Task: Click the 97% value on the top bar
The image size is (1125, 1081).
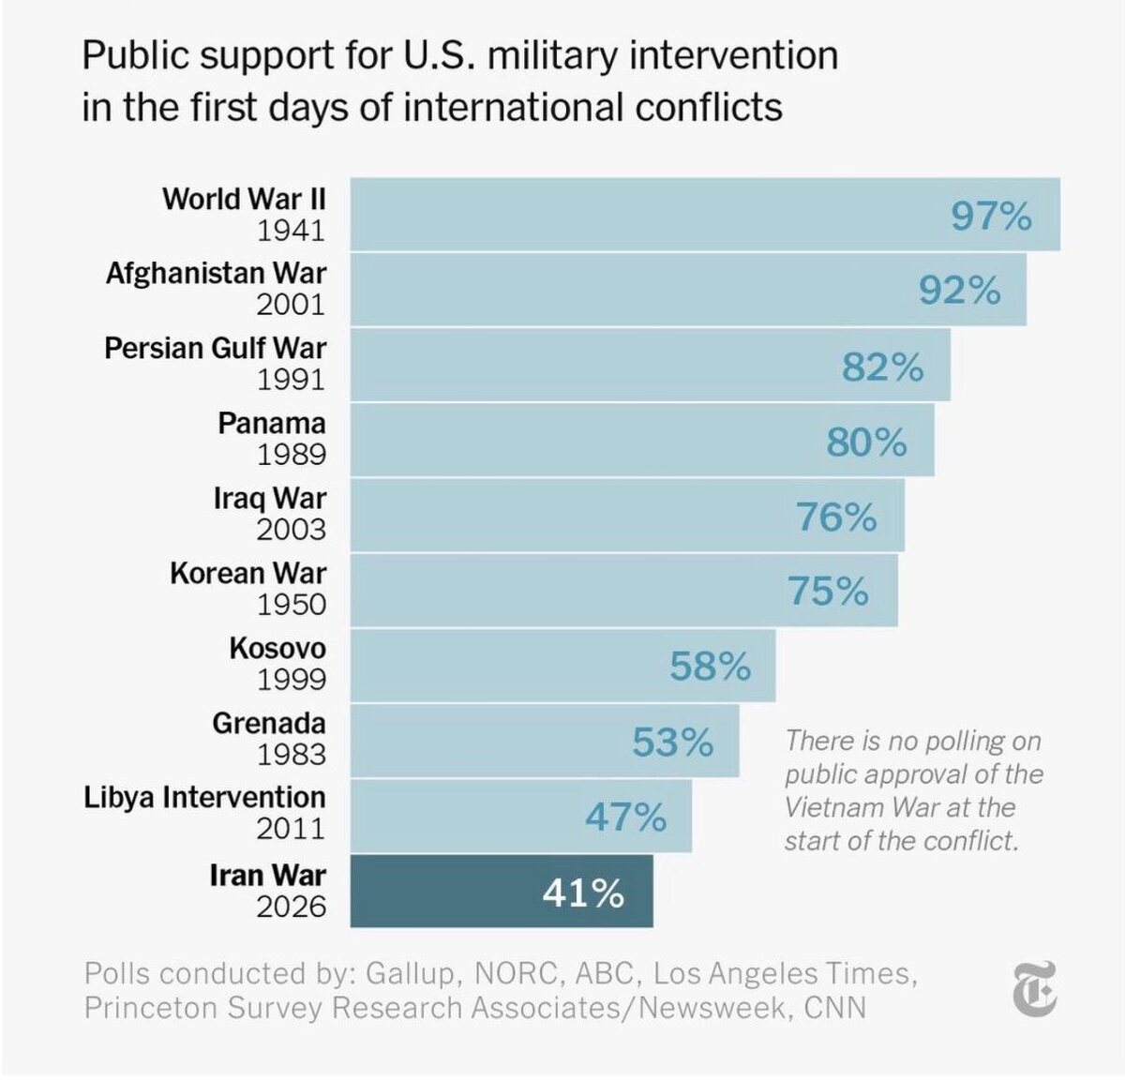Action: pyautogui.click(x=991, y=216)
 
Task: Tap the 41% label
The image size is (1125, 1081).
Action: pyautogui.click(x=583, y=893)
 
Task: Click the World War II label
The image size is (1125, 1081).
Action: pyautogui.click(x=244, y=199)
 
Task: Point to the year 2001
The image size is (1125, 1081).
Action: pyautogui.click(x=291, y=305)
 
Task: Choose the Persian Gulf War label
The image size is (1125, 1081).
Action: pyautogui.click(x=215, y=348)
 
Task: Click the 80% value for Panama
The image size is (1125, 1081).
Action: pyautogui.click(x=866, y=442)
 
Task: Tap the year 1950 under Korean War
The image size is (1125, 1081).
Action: pyautogui.click(x=291, y=605)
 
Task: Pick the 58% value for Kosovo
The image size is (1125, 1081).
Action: pyautogui.click(x=710, y=667)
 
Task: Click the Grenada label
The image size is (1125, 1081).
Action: pyautogui.click(x=268, y=723)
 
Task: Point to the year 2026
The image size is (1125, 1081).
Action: pyautogui.click(x=291, y=907)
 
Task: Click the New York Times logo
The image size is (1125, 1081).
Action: pyautogui.click(x=1035, y=988)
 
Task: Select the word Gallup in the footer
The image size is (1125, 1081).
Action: pyautogui.click(x=408, y=973)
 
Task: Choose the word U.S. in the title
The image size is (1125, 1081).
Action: pyautogui.click(x=441, y=56)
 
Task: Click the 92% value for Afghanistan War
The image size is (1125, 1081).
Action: pyautogui.click(x=959, y=291)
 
